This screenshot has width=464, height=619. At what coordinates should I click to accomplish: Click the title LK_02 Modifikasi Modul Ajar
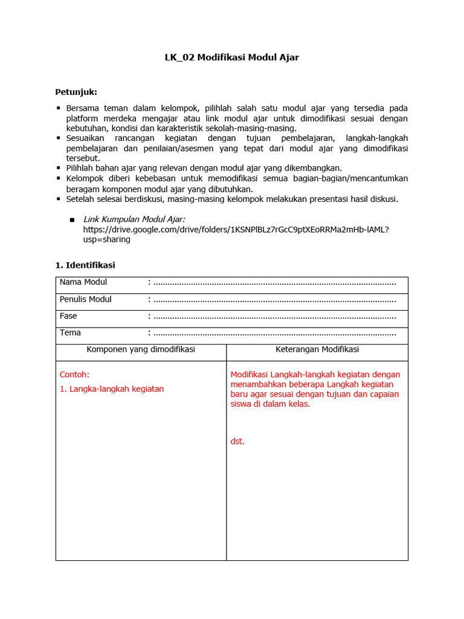pos(232,58)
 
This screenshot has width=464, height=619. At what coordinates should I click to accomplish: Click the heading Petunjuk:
pos(76,92)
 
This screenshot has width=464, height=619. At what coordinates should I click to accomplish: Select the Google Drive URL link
pos(236,229)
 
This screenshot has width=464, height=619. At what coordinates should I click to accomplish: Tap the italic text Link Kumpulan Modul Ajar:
pos(134,219)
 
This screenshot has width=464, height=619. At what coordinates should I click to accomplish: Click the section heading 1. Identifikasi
pos(85,265)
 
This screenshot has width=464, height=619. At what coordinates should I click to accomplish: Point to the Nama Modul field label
pos(83,282)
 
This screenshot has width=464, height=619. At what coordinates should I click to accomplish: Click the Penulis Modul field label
pos(86,299)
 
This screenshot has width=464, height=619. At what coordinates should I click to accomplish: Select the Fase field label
pos(68,316)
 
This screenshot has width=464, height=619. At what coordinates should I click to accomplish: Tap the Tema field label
pos(70,332)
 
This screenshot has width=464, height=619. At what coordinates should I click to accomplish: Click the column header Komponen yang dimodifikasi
pos(141,349)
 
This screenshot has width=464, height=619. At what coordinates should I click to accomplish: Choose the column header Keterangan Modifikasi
pos(317,349)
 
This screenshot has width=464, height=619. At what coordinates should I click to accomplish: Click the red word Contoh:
pos(74,374)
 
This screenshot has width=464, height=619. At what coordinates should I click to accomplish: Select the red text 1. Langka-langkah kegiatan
pos(112,389)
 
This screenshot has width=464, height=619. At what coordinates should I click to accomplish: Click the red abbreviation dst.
pos(237,441)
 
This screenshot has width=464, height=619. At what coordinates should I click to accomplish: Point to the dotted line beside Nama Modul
pos(275,283)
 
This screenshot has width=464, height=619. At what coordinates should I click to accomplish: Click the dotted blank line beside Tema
pos(275,333)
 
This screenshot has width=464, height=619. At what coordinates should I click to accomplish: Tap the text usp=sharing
pos(107,239)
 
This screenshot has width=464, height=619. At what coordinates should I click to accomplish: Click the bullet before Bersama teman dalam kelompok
pos(59,108)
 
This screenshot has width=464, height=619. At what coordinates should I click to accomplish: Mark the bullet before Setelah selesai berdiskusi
pos(59,198)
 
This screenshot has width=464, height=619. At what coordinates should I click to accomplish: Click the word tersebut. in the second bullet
pos(83,158)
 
